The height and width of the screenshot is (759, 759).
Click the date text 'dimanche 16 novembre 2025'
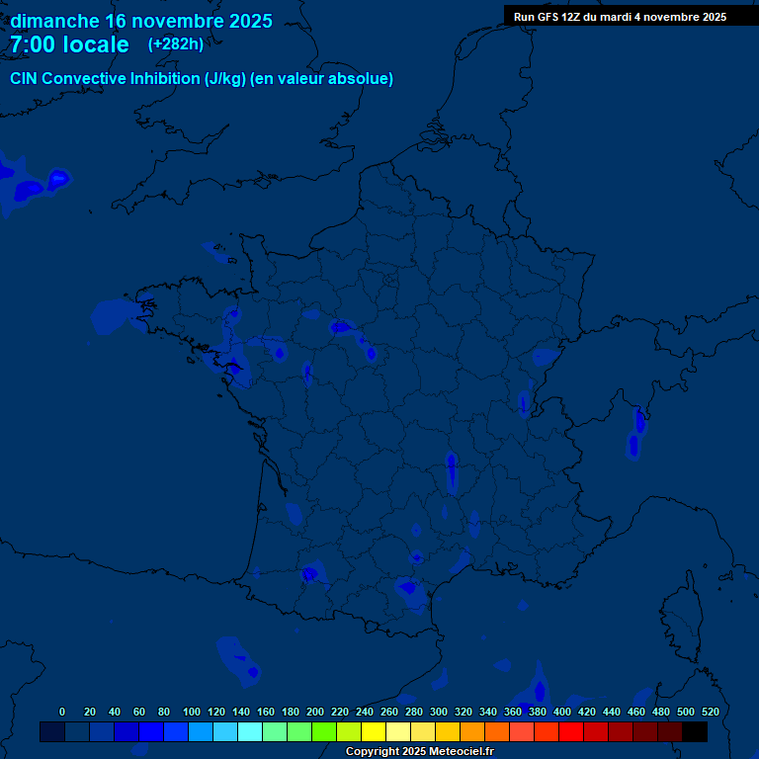(x=141, y=21)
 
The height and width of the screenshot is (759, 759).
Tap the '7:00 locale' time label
(x=69, y=44)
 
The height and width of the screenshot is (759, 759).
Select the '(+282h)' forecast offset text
(x=176, y=44)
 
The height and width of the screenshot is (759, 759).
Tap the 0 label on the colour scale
(x=62, y=712)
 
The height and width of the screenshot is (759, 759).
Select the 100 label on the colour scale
(x=192, y=712)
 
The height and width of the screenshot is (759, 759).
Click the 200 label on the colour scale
(x=315, y=712)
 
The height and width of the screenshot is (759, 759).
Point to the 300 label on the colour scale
(x=439, y=712)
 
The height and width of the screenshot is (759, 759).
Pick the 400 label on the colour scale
(x=562, y=712)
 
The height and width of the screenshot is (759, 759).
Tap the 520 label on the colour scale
(x=710, y=712)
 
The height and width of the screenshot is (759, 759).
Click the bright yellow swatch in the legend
(x=374, y=732)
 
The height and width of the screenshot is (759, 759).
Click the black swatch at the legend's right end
(x=695, y=732)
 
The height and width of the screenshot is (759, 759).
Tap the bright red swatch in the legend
(x=571, y=732)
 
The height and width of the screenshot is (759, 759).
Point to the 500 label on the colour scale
(x=686, y=712)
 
